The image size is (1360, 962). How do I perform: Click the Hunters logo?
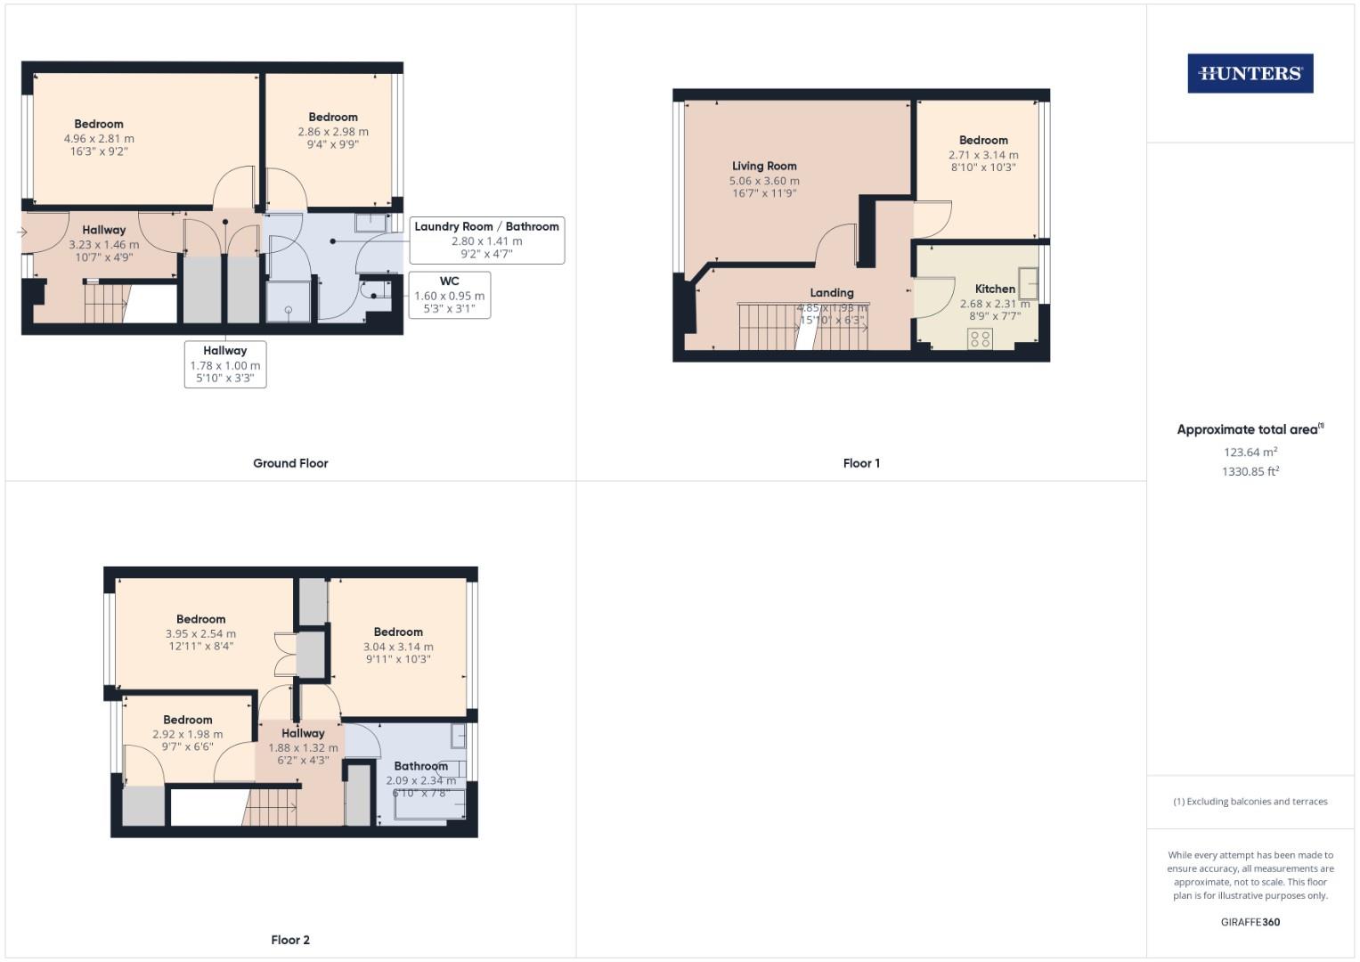click(x=1250, y=74)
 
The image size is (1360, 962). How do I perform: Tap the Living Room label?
click(x=764, y=166)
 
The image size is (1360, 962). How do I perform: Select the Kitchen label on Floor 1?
click(x=995, y=289)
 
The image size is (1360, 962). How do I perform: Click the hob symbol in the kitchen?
click(x=980, y=338)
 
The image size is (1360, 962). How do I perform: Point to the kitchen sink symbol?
click(x=1029, y=283)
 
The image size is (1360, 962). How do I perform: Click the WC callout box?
click(x=450, y=295)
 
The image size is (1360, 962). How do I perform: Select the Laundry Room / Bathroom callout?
click(x=486, y=240)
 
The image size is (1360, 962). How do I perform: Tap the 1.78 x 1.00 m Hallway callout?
click(x=225, y=364)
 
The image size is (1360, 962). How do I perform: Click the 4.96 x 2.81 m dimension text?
click(x=99, y=139)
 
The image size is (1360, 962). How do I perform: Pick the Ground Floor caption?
click(x=290, y=463)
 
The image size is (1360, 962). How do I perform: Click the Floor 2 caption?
click(x=290, y=940)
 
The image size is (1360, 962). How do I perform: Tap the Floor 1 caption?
click(x=861, y=463)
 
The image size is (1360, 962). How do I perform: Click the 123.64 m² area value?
click(x=1250, y=452)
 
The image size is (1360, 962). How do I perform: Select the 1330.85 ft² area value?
click(x=1250, y=472)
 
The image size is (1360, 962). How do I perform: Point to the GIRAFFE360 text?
click(x=1250, y=922)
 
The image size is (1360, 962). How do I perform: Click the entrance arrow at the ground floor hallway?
click(x=21, y=232)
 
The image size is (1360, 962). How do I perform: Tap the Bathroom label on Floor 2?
click(x=420, y=766)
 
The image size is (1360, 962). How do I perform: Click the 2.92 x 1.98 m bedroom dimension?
click(x=188, y=735)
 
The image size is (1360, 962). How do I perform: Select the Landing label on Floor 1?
click(x=831, y=292)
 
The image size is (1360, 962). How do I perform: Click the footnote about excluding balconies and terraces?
click(x=1250, y=802)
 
